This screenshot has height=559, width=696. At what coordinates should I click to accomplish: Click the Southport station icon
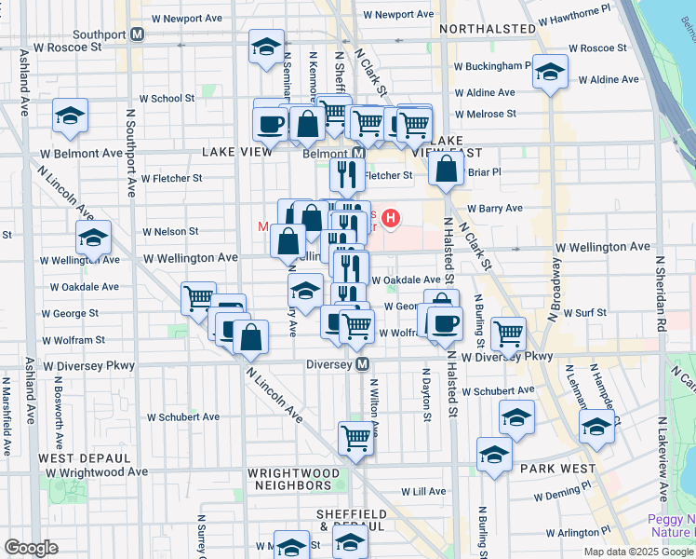138,34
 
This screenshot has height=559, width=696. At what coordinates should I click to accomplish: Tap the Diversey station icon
363,364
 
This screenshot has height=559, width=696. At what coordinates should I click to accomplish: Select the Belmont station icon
358,153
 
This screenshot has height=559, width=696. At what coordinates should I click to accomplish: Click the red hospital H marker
392,219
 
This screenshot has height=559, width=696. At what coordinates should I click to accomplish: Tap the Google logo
32,548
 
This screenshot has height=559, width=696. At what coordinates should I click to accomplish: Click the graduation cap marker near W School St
70,116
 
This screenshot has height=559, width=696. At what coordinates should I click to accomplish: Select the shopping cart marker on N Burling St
508,333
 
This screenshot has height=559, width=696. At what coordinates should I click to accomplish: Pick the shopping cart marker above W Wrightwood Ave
355,437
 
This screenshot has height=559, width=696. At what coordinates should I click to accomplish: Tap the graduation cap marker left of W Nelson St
93,239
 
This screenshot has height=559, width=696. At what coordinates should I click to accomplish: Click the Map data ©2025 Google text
638,551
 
